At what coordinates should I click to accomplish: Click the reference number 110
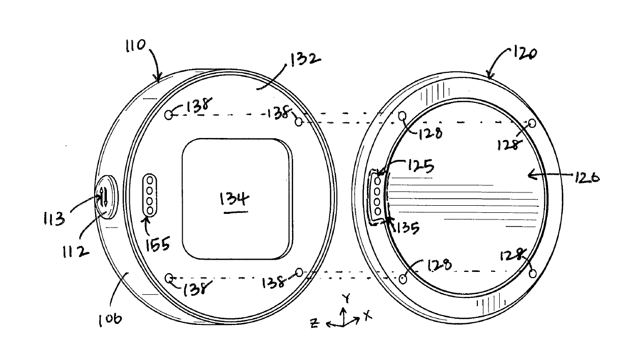135,45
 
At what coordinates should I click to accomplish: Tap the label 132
305,59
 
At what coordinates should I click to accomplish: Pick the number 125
420,166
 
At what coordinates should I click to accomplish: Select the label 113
54,219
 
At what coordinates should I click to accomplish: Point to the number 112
75,251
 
